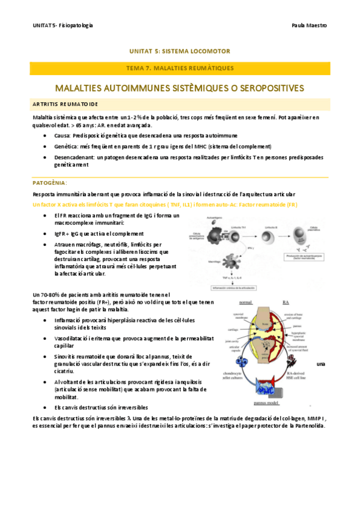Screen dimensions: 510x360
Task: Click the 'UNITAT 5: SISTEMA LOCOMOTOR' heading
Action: coord(180,51)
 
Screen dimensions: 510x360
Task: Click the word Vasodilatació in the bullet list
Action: coord(71,339)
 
